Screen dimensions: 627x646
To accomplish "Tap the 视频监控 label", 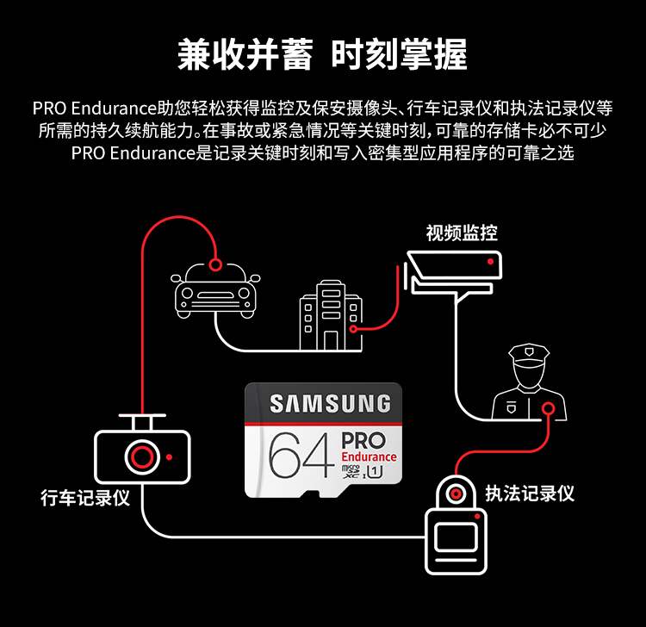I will point(462,233).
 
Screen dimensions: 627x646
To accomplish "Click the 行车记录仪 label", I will point(85,498).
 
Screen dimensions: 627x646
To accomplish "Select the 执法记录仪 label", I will point(530,493).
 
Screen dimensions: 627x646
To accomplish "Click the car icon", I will point(217,289).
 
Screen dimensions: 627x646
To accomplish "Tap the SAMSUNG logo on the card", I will point(330,404).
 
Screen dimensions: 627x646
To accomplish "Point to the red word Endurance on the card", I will point(369,456).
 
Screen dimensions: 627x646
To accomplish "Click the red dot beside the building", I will point(353,328).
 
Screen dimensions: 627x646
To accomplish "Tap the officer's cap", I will point(529,353).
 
